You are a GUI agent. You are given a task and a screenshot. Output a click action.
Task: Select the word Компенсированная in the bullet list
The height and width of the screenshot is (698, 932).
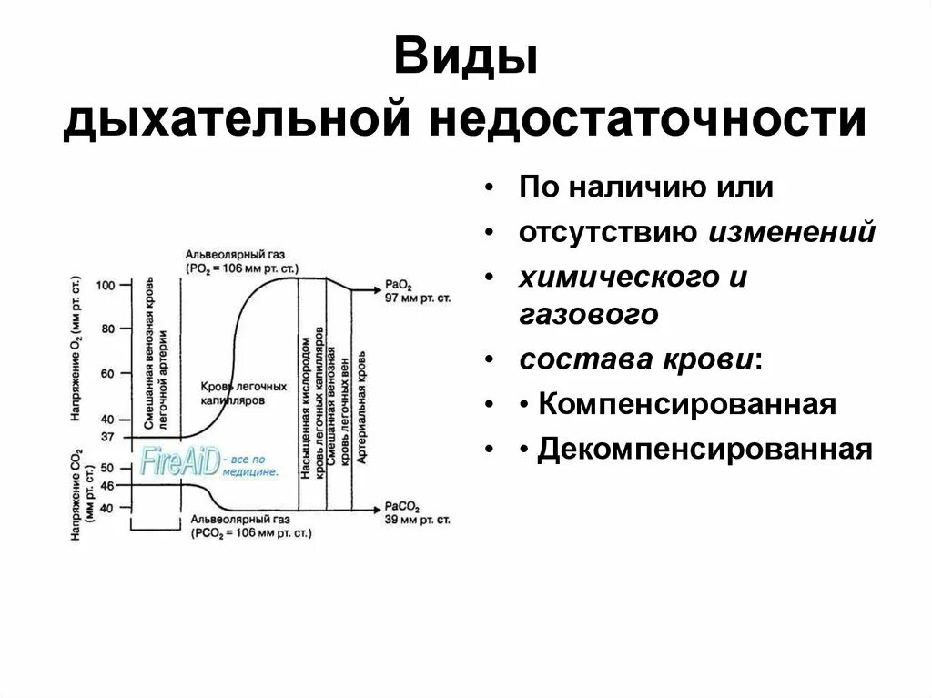[687, 403]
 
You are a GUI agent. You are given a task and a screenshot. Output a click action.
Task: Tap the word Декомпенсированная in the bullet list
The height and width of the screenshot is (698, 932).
[704, 450]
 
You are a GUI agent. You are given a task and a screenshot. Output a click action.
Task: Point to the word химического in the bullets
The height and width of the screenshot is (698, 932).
[623, 278]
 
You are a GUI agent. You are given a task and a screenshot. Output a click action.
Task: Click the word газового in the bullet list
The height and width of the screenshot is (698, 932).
[588, 314]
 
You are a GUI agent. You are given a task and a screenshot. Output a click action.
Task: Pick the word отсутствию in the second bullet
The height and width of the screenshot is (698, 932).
[609, 233]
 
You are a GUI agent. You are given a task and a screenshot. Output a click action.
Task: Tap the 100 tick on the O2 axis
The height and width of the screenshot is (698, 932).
[106, 285]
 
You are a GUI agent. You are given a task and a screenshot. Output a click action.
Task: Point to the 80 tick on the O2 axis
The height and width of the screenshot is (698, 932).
[108, 329]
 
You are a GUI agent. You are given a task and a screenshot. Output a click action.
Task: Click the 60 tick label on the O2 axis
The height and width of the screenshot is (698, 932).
[108, 374]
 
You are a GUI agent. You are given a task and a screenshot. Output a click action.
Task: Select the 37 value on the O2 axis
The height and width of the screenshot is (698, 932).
[108, 437]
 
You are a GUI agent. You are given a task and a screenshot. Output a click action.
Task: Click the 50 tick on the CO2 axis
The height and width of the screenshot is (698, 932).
[108, 468]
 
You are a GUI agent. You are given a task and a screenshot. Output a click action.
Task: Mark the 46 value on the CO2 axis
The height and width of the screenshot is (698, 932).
[108, 486]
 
